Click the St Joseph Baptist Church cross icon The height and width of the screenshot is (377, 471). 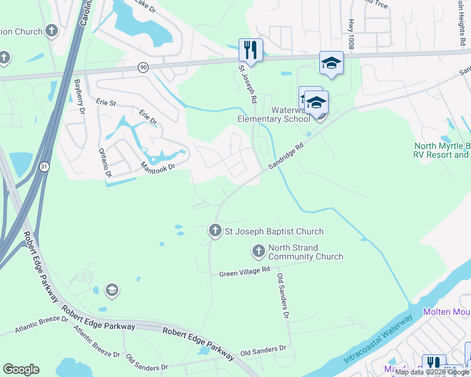[x=215, y=231]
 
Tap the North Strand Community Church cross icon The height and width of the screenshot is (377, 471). [x=258, y=252]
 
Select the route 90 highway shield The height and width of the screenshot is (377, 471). [x=144, y=67]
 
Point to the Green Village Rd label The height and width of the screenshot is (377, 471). [x=244, y=273]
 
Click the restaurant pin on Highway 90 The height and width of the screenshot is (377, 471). [x=251, y=50]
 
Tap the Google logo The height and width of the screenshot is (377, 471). [x=21, y=369]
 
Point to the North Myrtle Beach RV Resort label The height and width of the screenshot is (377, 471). [x=441, y=150]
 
